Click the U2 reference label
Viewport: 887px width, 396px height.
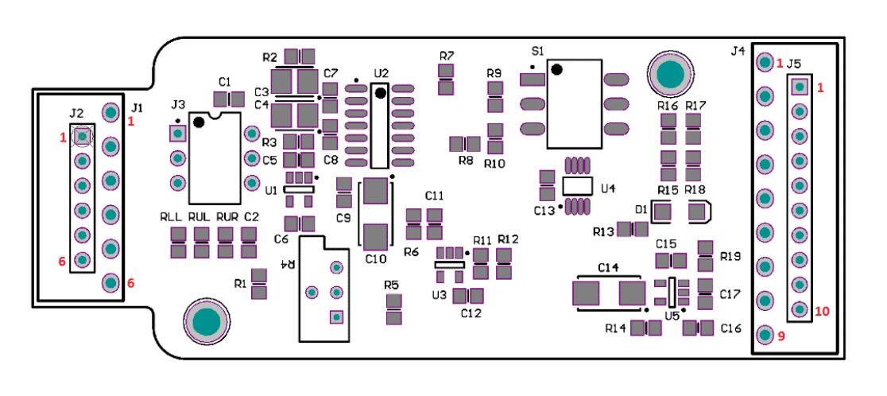(382, 73)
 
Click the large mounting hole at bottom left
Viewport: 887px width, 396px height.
(207, 322)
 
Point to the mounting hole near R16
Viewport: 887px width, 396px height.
(671, 74)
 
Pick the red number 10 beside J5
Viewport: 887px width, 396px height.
(822, 311)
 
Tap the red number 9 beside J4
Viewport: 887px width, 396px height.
(781, 336)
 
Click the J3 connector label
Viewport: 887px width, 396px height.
(178, 103)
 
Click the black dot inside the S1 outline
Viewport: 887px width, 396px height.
(557, 69)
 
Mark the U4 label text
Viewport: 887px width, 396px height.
(609, 189)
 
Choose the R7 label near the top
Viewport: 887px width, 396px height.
(447, 56)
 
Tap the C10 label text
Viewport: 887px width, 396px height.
(376, 258)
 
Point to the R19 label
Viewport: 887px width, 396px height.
(730, 257)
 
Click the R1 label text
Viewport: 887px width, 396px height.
(241, 283)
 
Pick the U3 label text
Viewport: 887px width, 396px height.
(439, 295)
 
